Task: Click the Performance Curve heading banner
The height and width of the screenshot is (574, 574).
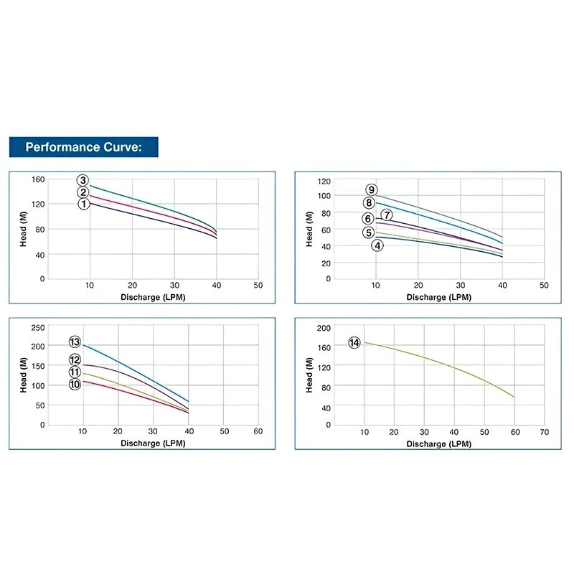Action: pyautogui.click(x=83, y=147)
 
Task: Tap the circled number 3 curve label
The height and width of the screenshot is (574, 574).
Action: pyautogui.click(x=83, y=180)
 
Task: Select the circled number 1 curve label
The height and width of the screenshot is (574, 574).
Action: pyautogui.click(x=83, y=204)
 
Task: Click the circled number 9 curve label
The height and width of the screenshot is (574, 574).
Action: pyautogui.click(x=371, y=190)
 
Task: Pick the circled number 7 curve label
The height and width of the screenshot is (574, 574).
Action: pyautogui.click(x=386, y=215)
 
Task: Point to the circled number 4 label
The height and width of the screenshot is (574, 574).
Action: pyautogui.click(x=377, y=245)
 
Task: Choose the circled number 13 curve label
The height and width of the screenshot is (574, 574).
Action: pyautogui.click(x=74, y=342)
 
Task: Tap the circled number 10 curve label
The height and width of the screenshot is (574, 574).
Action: pyautogui.click(x=74, y=385)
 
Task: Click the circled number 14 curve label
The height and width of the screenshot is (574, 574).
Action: pyautogui.click(x=354, y=343)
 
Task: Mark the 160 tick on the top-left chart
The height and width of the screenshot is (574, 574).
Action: pyautogui.click(x=38, y=179)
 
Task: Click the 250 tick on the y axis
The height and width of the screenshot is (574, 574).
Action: pyautogui.click(x=36, y=327)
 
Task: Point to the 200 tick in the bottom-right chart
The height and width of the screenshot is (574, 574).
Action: pyautogui.click(x=324, y=327)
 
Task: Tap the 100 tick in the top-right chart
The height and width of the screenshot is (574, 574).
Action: pyautogui.click(x=324, y=196)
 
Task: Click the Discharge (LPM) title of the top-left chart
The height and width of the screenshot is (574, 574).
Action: pyautogui.click(x=154, y=296)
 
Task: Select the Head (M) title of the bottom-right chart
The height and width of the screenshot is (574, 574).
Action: pyautogui.click(x=309, y=375)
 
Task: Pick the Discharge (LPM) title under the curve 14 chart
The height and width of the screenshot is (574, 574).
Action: pyautogui.click(x=439, y=444)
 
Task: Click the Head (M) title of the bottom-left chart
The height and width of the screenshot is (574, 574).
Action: pyautogui.click(x=23, y=375)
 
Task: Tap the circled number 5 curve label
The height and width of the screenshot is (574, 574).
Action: pyautogui.click(x=368, y=232)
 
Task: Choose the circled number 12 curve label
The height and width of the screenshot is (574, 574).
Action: pyautogui.click(x=74, y=360)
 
